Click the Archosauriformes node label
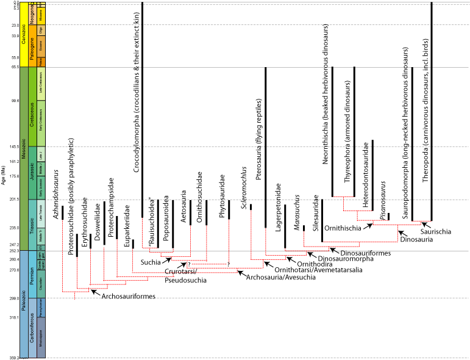coord(127,297)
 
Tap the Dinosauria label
coord(416,240)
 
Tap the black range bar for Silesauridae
coord(322,220)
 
